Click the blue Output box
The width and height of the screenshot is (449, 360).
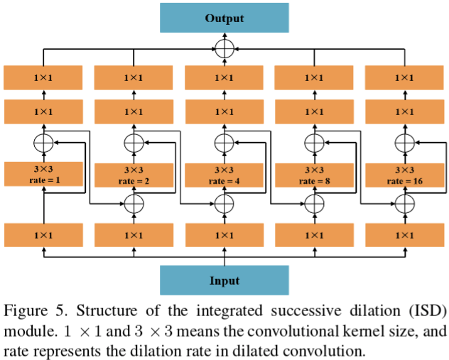click(x=224, y=17)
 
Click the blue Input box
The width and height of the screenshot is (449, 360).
click(x=224, y=280)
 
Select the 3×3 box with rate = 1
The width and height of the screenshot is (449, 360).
click(x=44, y=174)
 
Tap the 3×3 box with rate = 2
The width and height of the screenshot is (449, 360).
click(x=134, y=175)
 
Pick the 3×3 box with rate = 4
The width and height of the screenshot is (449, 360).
click(x=224, y=175)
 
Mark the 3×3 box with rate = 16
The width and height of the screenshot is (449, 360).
click(x=404, y=175)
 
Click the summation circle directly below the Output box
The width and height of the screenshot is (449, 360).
click(x=224, y=49)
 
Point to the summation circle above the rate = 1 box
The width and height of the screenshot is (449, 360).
click(x=44, y=142)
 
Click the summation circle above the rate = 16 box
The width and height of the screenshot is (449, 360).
click(x=404, y=142)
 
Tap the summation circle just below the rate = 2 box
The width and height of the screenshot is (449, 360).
click(x=134, y=204)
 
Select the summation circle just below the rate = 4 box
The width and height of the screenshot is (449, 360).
click(x=224, y=204)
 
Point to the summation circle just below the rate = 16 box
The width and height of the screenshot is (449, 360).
click(x=404, y=204)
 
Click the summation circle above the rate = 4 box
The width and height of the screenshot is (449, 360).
click(x=224, y=142)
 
